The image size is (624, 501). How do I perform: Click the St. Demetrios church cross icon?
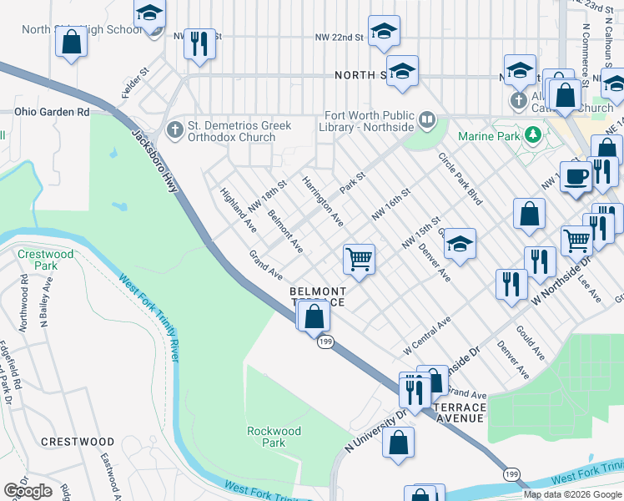pos(174,129)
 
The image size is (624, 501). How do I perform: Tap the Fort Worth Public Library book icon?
pos(427,120)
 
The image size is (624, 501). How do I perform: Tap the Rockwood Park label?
pos(274,437)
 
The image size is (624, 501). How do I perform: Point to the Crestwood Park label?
pos(35,259)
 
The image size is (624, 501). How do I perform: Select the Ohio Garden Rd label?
pos(51,111)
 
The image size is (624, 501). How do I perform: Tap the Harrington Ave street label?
pos(323,201)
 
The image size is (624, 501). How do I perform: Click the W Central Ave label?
pos(426,333)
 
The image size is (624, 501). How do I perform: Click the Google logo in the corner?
pos(28,490)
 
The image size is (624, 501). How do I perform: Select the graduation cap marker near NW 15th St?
pos(459,244)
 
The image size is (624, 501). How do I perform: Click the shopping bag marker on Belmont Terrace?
pos(314,317)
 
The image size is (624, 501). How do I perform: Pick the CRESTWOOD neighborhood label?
pos(78,441)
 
